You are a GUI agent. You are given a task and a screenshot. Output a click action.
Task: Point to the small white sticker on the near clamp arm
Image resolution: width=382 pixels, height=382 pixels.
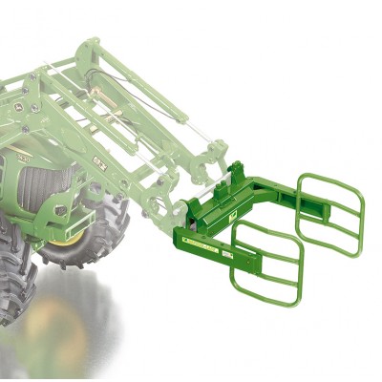pyautogui.click(x=225, y=257)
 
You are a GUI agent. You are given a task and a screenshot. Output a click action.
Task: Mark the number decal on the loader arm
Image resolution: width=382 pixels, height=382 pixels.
pyautogui.click(x=99, y=156)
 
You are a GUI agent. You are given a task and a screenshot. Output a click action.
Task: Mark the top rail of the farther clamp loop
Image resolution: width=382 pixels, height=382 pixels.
pyautogui.click(x=329, y=177)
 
